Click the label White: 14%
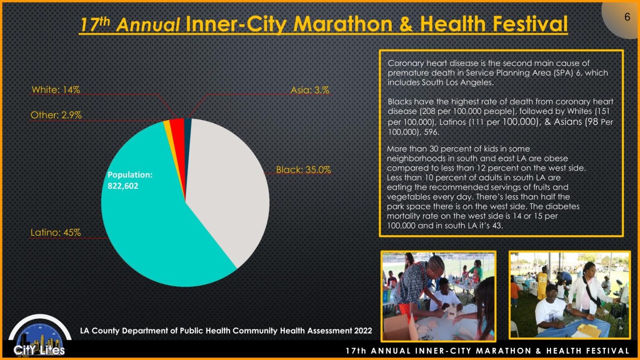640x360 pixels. click(x=56, y=90)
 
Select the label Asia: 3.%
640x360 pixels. click(x=310, y=90)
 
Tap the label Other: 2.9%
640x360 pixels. click(x=56, y=115)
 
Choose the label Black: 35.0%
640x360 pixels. click(x=304, y=170)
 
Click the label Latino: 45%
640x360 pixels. click(x=56, y=232)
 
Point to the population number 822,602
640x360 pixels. click(x=123, y=186)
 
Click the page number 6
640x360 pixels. click(x=627, y=17)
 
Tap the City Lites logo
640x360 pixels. click(x=40, y=337)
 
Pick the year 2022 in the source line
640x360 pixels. click(x=363, y=331)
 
